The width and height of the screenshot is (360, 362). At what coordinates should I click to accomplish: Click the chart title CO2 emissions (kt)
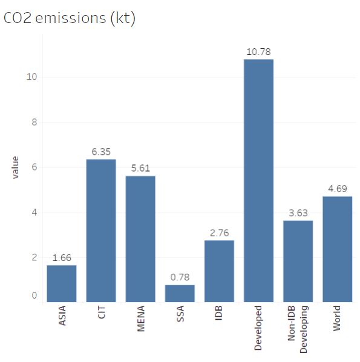coord(70,19)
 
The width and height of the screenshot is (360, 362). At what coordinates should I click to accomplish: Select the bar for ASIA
coord(62,283)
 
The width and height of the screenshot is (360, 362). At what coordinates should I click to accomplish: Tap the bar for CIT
coord(101,230)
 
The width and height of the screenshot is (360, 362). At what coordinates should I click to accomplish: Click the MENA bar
coord(140,239)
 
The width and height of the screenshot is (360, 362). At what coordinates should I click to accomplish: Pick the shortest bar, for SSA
coord(180,294)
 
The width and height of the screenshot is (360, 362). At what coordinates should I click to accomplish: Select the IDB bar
coord(219,271)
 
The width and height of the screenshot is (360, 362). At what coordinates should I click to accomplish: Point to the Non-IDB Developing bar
coord(298,261)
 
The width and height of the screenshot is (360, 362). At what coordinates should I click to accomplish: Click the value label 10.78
coord(258,52)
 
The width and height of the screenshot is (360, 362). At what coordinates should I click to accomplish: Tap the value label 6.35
coord(101,152)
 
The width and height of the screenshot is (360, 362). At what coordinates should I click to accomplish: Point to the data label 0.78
coord(180,277)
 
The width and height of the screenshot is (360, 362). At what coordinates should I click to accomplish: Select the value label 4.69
coord(337,189)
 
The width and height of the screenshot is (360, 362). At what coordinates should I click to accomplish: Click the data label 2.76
coord(219,233)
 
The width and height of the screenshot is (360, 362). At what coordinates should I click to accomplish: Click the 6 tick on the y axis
coord(34,167)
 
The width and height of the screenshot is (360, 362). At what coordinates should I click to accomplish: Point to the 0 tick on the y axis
coord(34,296)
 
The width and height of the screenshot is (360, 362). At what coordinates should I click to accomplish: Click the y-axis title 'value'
coord(15,167)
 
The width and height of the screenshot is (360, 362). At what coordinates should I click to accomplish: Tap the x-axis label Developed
coord(258,328)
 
